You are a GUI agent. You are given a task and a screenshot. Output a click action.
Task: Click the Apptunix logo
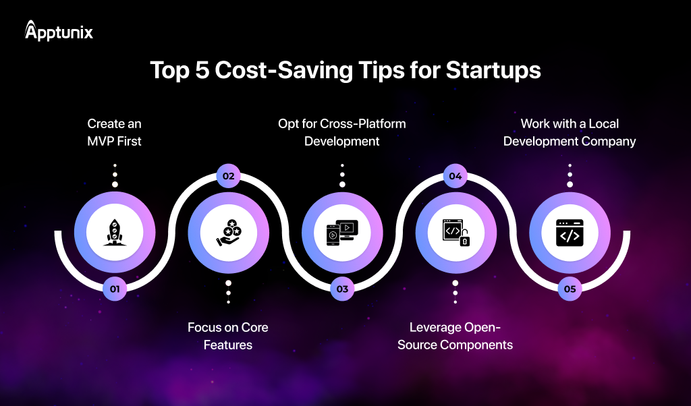[59, 31]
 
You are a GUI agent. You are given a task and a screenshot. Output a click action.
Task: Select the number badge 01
[115, 289]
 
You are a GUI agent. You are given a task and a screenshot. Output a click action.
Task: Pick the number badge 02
[228, 176]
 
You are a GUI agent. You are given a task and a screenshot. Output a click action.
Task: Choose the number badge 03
[342, 289]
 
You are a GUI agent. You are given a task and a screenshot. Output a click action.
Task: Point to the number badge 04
[455, 176]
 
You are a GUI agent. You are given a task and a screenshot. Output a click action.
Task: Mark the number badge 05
[570, 289]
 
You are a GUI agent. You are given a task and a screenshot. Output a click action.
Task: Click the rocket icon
[115, 232]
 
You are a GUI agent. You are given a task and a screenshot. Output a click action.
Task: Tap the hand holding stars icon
[228, 232]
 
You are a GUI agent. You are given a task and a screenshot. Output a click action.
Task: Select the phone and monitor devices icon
[342, 232]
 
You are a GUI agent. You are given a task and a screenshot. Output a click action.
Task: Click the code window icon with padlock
[455, 232]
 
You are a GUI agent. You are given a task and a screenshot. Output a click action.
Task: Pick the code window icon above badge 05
[570, 232]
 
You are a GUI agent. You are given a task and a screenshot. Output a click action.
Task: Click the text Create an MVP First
[115, 132]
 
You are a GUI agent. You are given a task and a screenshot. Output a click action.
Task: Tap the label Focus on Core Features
[228, 336]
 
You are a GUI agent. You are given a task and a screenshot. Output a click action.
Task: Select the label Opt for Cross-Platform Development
[342, 132]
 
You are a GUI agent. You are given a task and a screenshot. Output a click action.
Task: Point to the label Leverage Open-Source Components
[455, 336]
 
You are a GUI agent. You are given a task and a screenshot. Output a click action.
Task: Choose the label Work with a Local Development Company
[570, 132]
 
